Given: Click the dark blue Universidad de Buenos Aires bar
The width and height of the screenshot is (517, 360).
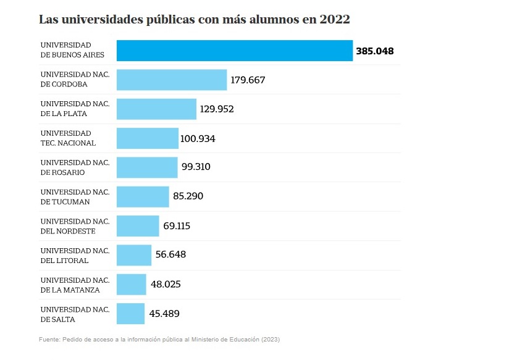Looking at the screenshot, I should click(x=234, y=51).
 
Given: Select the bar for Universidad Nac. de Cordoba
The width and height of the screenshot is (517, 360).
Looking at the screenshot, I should click(x=172, y=80).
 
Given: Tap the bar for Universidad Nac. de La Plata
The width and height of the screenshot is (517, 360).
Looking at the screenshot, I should click(x=156, y=109).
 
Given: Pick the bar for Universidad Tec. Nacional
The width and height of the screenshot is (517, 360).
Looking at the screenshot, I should click(x=147, y=138).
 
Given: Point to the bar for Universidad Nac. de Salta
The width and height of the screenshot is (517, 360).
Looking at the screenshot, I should click(x=130, y=314).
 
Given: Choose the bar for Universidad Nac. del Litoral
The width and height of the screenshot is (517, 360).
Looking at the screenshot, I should click(x=134, y=255).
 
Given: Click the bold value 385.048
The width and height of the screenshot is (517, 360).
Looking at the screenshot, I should click(x=374, y=51).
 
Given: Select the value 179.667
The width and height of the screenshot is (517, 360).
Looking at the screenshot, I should click(x=248, y=80).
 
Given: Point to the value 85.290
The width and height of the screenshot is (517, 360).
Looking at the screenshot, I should click(x=188, y=196).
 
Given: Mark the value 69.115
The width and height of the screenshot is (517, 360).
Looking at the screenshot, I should click(x=177, y=226).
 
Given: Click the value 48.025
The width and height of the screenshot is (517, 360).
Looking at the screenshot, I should click(x=166, y=284).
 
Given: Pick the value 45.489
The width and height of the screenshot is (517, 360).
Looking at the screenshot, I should click(x=164, y=314).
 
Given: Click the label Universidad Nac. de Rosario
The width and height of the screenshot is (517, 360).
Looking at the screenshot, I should click(x=75, y=167).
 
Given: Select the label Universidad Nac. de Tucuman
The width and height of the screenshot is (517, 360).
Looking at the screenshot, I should click(x=75, y=196).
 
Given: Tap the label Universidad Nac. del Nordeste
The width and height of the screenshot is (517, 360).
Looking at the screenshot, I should click(x=75, y=226).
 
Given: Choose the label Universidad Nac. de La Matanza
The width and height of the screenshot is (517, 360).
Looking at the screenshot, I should click(x=75, y=284).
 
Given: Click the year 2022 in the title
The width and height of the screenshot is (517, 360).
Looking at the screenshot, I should click(x=335, y=19).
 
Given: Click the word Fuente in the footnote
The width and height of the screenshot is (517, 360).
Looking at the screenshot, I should click(x=49, y=340).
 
